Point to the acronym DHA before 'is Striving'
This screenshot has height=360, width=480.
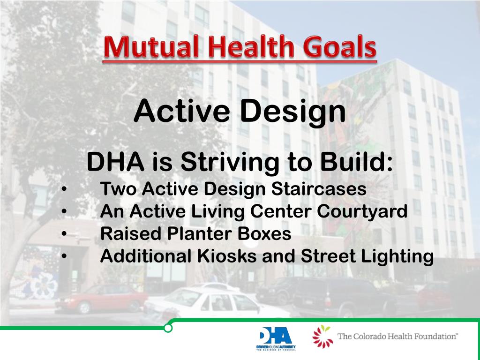[115, 162]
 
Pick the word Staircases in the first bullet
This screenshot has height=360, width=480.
[319, 189]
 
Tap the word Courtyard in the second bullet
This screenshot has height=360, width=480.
[362, 212]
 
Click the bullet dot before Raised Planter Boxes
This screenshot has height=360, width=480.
[64, 234]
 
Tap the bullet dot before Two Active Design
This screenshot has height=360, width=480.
[64, 189]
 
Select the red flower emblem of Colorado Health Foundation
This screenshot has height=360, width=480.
[322, 337]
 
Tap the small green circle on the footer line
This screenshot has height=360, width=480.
[168, 328]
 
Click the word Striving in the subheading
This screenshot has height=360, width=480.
[230, 162]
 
